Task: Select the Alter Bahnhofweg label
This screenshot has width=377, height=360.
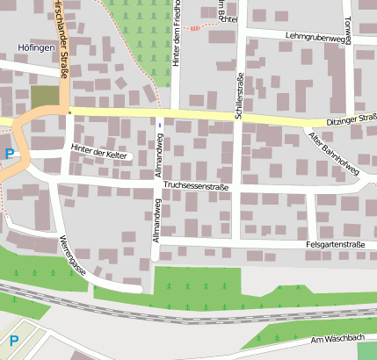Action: pos(333,152)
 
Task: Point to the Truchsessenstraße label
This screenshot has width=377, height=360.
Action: pos(196,186)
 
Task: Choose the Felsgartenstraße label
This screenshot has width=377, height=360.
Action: pos(335,244)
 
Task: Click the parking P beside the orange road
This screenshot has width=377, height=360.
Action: pos(10,154)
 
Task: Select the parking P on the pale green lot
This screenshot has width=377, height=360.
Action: pos(13,340)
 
